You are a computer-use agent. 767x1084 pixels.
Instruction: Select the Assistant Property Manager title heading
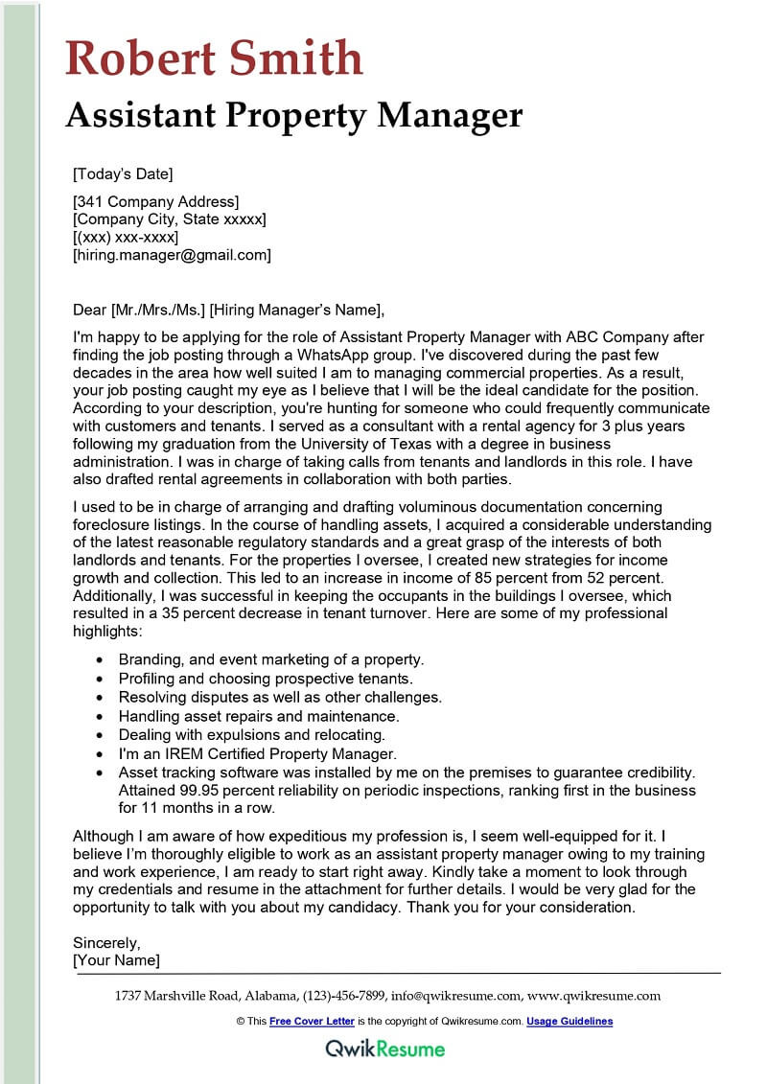[x=293, y=116]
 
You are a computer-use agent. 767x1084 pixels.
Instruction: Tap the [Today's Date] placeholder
[x=123, y=174]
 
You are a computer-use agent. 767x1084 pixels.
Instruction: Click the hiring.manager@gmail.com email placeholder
[x=173, y=255]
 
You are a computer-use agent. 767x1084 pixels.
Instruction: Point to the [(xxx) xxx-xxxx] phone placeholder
[x=126, y=237]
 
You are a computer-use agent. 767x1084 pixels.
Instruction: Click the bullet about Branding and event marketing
[x=271, y=660]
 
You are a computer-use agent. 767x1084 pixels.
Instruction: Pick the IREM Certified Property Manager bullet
[x=257, y=753]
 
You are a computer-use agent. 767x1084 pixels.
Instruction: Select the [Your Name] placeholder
[x=116, y=960]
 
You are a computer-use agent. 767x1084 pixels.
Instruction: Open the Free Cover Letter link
[x=312, y=1022]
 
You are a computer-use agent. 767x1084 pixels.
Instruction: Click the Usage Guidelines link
[x=569, y=1022]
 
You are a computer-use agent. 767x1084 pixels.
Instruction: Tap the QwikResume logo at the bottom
[x=384, y=1049]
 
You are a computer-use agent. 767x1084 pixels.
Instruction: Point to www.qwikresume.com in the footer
[x=593, y=996]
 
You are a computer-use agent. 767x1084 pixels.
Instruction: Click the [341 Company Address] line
[x=155, y=201]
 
